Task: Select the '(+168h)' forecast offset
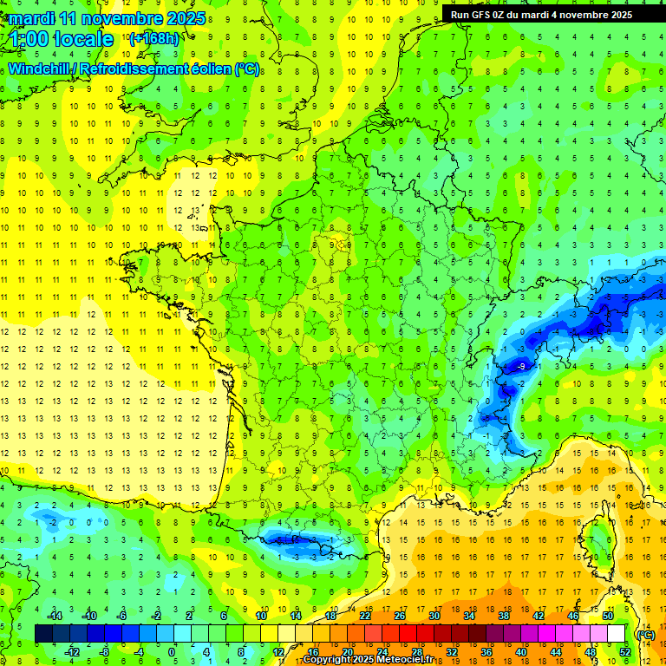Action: (154, 38)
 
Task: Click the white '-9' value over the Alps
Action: (520, 367)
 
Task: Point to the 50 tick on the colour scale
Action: (608, 616)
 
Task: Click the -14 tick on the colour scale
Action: (54, 616)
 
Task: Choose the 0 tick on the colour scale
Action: (172, 652)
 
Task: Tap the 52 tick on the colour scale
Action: (625, 652)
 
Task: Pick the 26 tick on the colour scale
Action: (399, 616)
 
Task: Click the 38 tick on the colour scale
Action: (503, 616)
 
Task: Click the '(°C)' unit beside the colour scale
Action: (645, 634)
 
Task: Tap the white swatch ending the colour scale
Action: (617, 634)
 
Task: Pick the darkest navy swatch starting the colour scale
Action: (43, 634)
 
